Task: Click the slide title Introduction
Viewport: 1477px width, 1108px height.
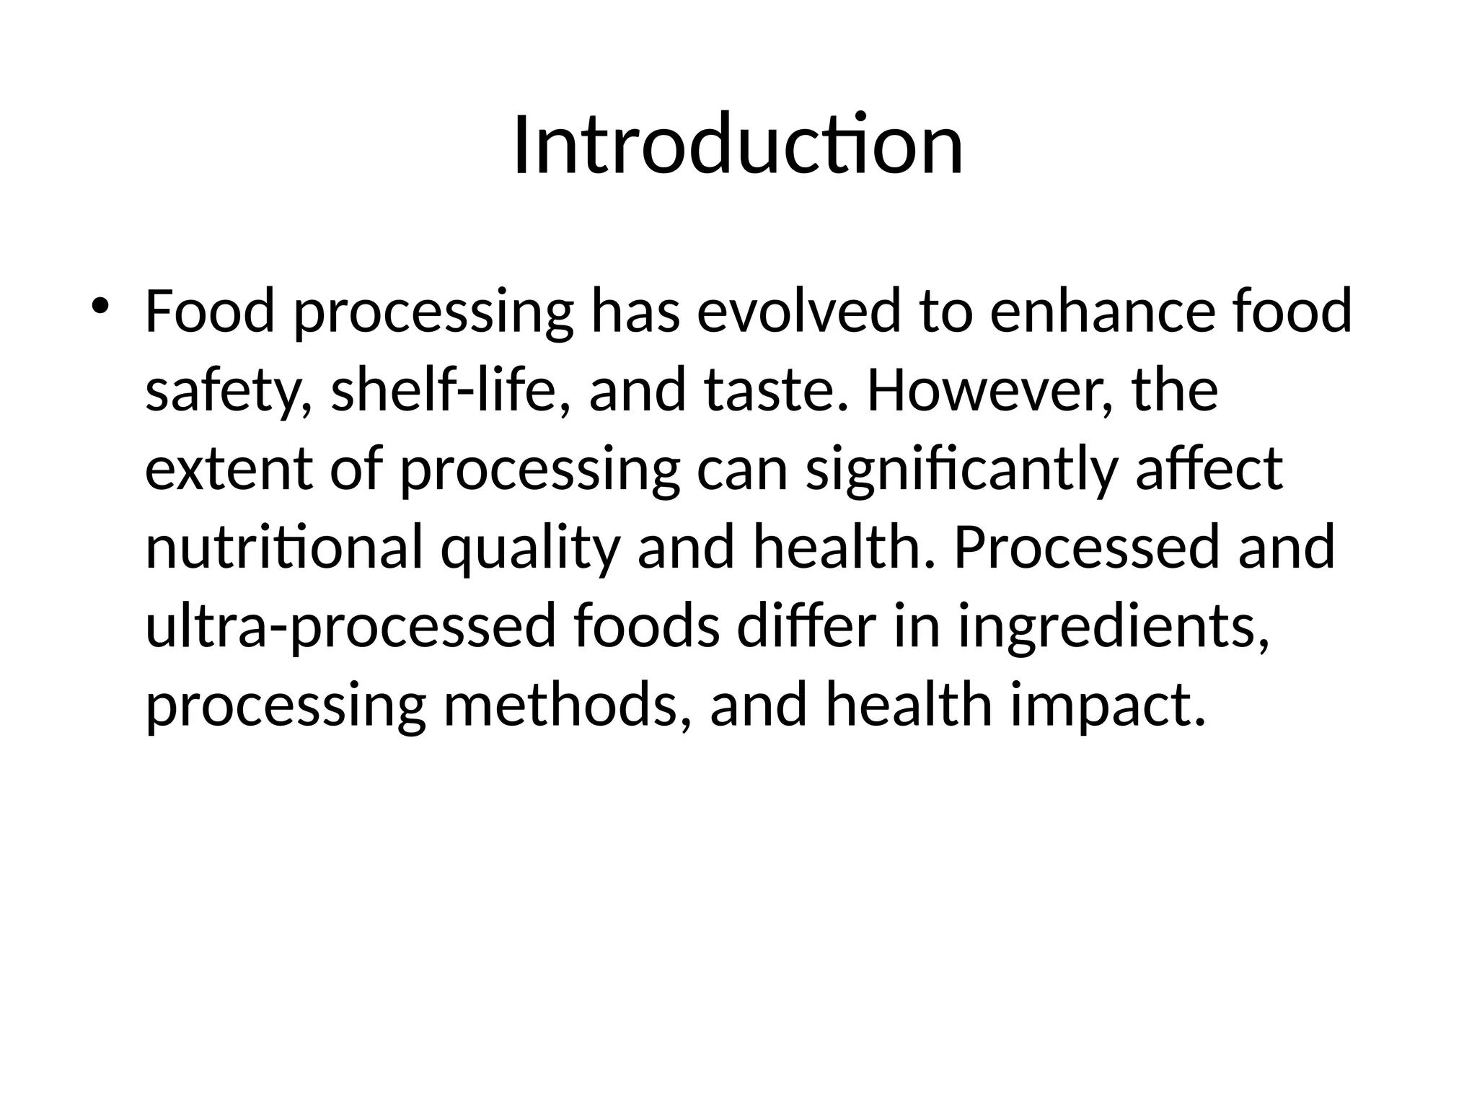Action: coord(738,145)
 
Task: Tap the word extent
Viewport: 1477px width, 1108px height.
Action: coord(229,469)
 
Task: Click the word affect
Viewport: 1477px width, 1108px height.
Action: coord(1209,469)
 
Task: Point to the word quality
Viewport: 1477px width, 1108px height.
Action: coord(530,549)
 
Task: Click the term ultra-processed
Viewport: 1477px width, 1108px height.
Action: coord(350,627)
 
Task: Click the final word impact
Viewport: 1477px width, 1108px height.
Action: coord(1107,705)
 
